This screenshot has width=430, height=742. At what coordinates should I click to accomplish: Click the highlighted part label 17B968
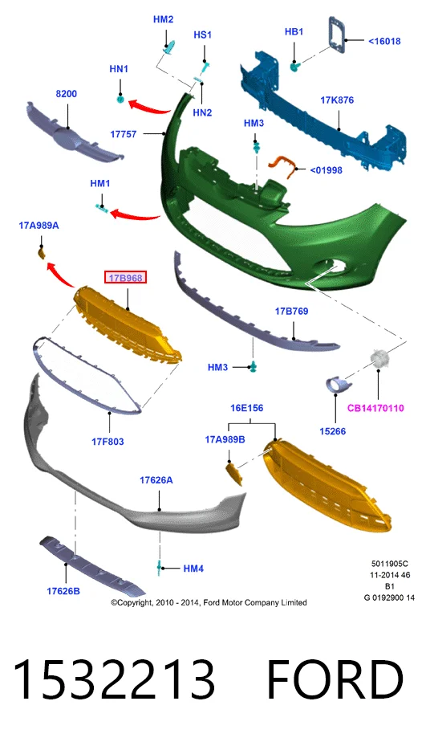126,278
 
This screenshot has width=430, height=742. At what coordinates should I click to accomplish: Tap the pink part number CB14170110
375,408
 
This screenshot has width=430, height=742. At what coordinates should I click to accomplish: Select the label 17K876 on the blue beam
337,100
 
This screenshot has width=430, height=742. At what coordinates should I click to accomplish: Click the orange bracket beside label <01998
283,165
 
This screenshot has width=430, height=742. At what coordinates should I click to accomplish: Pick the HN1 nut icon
121,100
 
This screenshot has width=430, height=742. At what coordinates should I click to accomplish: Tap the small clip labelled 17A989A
41,254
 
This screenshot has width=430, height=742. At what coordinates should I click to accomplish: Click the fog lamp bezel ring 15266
336,384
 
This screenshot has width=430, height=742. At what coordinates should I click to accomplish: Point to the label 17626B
63,591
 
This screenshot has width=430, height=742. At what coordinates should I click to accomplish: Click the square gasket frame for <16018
338,34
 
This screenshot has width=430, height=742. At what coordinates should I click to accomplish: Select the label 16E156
246,408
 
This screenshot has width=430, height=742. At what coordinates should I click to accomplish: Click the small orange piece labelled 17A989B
235,474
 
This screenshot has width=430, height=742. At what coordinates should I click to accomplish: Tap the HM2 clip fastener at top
170,47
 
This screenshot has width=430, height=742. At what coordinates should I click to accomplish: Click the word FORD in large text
335,679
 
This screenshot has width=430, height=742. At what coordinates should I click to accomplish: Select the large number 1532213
113,679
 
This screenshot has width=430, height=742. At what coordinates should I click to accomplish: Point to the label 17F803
107,442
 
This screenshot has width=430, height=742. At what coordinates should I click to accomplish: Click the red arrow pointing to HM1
136,215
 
